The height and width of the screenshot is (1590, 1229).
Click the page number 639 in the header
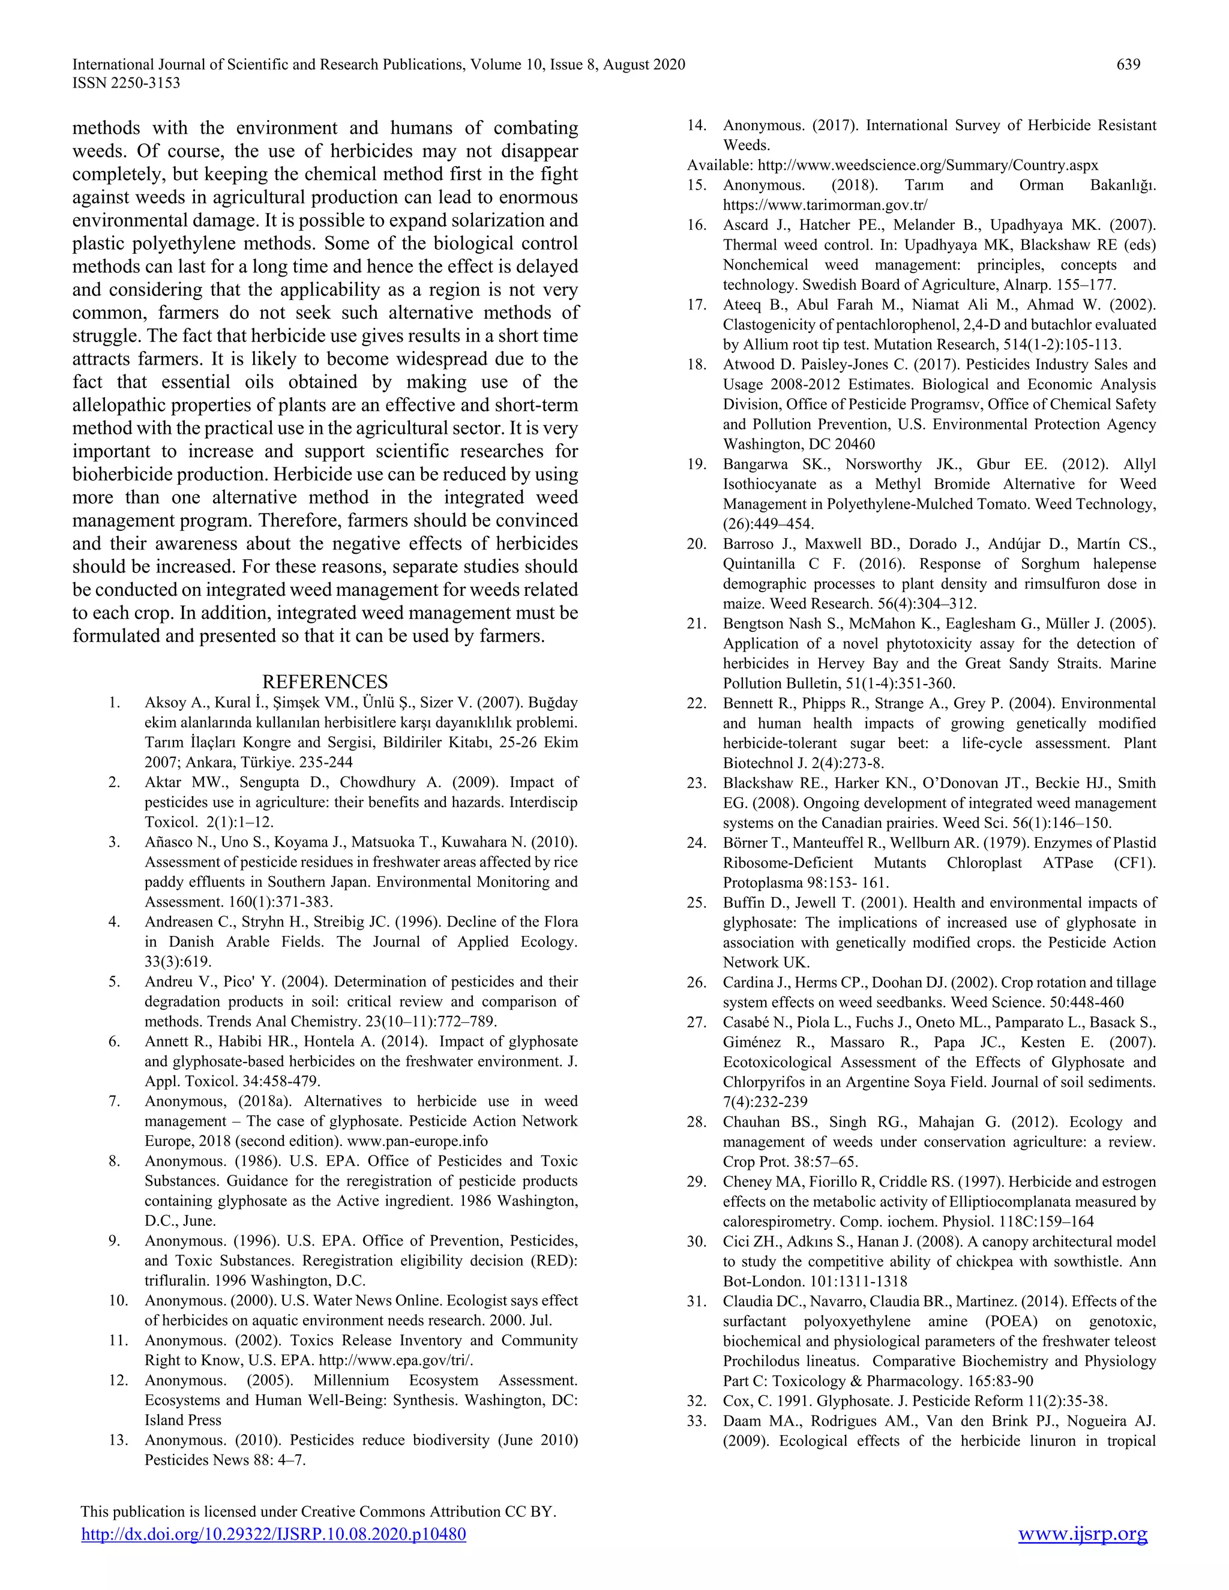click(1128, 65)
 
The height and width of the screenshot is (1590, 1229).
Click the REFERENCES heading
click(325, 682)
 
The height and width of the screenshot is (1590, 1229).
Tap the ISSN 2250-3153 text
click(126, 83)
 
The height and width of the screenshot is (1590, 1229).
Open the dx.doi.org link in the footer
click(273, 1534)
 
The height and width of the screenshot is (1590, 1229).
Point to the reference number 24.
click(696, 843)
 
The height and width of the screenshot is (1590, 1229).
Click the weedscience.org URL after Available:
click(928, 165)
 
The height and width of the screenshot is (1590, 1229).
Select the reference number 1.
click(113, 703)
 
